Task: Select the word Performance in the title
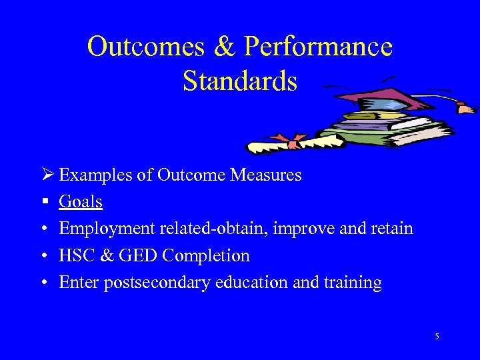tap(319, 47)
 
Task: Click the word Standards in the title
tap(239, 81)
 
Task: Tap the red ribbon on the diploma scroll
tap(293, 142)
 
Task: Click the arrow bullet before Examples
tap(46, 175)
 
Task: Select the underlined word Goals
tap(81, 202)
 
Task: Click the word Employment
tap(107, 229)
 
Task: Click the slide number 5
tap(437, 337)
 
